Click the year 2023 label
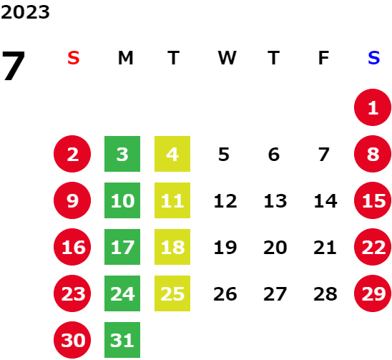click(25, 12)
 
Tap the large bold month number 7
click(14, 66)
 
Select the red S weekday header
click(74, 58)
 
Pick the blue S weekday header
click(373, 58)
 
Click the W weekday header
click(227, 58)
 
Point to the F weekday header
click(323, 58)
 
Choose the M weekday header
click(125, 58)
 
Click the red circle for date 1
click(373, 107)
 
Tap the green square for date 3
click(122, 154)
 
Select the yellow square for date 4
click(172, 154)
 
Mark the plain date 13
click(275, 200)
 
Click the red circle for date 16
click(72, 247)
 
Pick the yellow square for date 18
click(172, 247)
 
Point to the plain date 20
click(275, 248)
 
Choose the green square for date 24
click(122, 293)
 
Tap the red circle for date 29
click(373, 293)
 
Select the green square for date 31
click(122, 340)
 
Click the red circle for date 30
click(72, 340)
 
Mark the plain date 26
click(225, 294)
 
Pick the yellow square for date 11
click(172, 200)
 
